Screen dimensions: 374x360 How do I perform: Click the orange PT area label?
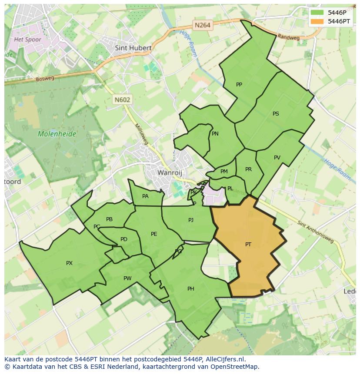point(248,245)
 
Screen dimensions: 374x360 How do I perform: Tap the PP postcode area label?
point(239,85)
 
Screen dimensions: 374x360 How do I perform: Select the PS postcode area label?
point(276,114)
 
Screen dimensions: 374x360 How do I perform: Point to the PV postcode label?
point(277,158)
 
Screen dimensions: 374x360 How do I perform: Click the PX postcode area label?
point(69,263)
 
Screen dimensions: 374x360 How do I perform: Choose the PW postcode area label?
point(127,278)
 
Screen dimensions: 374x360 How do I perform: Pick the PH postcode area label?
point(190,289)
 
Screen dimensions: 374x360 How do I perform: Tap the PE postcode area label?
point(154,234)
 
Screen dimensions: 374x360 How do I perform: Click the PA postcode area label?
point(145,196)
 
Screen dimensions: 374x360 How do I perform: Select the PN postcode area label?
point(215,134)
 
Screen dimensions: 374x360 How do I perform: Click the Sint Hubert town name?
point(133,48)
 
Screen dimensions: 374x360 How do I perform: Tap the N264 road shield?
point(203,25)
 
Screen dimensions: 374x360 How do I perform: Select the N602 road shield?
point(122,99)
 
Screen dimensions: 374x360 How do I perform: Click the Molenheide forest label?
point(57,134)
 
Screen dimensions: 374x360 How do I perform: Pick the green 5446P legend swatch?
point(317,13)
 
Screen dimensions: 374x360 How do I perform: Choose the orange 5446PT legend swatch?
point(317,21)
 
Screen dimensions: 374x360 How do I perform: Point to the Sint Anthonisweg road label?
point(316,232)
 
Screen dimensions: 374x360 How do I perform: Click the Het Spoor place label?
point(27,40)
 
